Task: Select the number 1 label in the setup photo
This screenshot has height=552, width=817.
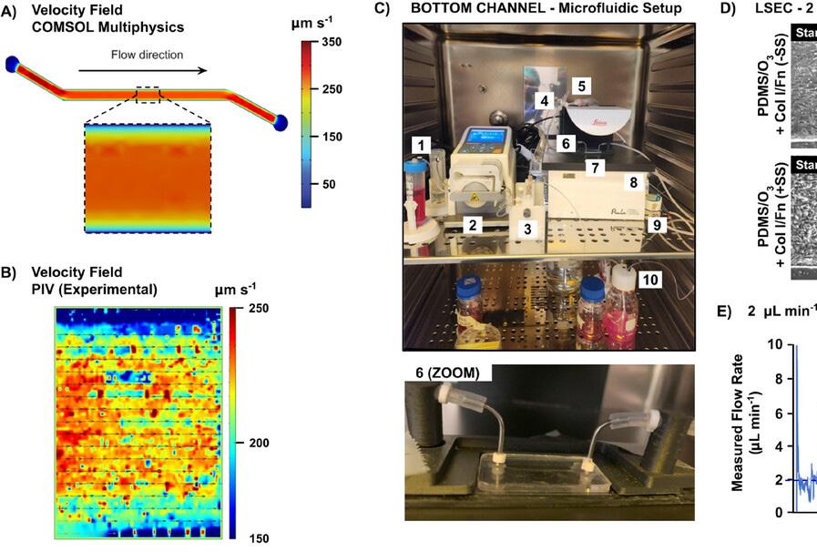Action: click(420, 145)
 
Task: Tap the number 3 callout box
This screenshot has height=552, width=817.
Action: click(526, 228)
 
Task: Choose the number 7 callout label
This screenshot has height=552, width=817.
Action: click(595, 168)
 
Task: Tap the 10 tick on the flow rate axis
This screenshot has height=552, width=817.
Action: click(774, 344)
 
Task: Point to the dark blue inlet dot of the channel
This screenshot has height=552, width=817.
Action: click(13, 63)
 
